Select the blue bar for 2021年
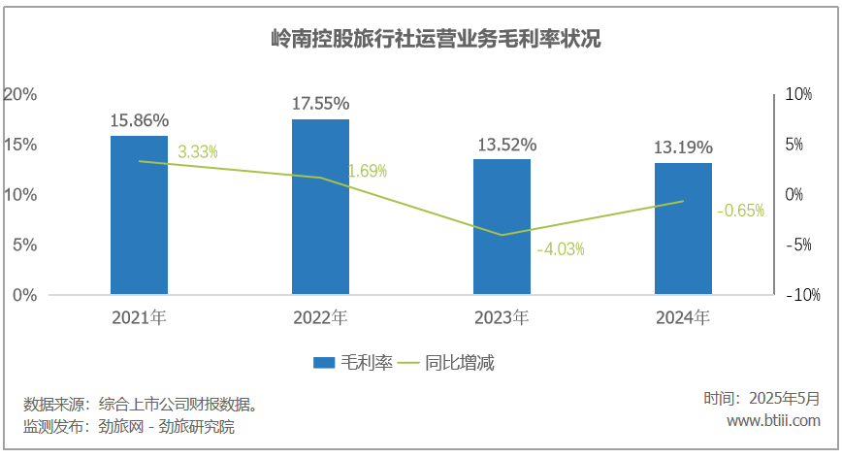[139, 214]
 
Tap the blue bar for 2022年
[320, 207]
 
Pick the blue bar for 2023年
[502, 226]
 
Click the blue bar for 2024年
[683, 228]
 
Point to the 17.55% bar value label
[320, 103]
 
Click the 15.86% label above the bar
[140, 120]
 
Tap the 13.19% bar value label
[683, 147]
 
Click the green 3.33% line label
[197, 151]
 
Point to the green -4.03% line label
[560, 248]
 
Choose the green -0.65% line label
[740, 210]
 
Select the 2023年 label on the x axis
[502, 317]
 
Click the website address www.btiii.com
[773, 420]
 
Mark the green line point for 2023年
[502, 235]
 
